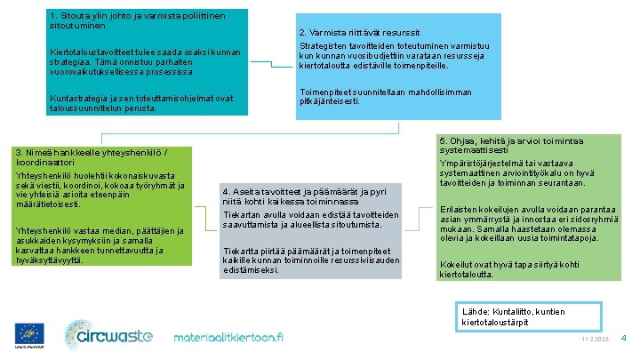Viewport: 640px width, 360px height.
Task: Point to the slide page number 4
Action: [x=623, y=338]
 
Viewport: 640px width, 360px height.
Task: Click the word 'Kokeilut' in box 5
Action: [x=455, y=265]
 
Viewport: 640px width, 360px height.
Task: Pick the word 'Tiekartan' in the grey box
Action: [x=242, y=215]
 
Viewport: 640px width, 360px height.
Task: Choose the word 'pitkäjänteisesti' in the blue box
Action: [x=330, y=101]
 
